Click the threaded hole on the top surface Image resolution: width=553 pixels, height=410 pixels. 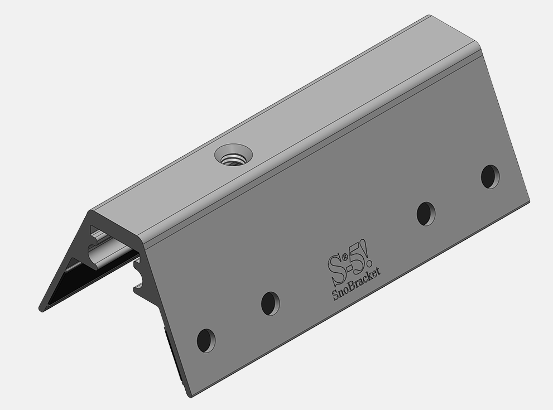[233, 156]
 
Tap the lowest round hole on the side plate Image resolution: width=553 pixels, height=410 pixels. [206, 340]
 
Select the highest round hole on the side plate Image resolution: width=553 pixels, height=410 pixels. [491, 176]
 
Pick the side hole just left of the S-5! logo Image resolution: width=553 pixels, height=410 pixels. [271, 303]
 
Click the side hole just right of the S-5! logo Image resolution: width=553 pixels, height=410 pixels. [426, 214]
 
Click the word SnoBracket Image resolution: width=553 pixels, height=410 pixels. [356, 284]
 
